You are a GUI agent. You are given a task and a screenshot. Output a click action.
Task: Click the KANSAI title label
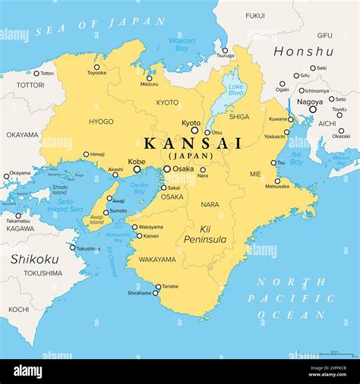click(193, 143)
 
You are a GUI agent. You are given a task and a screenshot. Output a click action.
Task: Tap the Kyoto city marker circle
click(194, 131)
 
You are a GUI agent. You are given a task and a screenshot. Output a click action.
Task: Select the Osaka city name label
click(183, 168)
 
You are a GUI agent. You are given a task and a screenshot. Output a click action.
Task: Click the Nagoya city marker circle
click(312, 109)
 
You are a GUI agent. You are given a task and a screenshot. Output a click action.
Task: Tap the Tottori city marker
click(36, 74)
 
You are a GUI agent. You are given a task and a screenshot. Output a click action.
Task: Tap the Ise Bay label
click(297, 158)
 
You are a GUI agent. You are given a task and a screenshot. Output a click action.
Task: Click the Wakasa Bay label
click(181, 43)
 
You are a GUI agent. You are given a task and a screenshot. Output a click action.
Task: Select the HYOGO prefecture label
click(101, 121)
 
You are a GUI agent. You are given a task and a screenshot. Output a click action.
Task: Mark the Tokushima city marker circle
click(74, 247)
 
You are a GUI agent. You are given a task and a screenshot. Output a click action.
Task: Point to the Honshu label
click(302, 52)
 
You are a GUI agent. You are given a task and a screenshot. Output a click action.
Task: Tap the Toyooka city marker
click(96, 67)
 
